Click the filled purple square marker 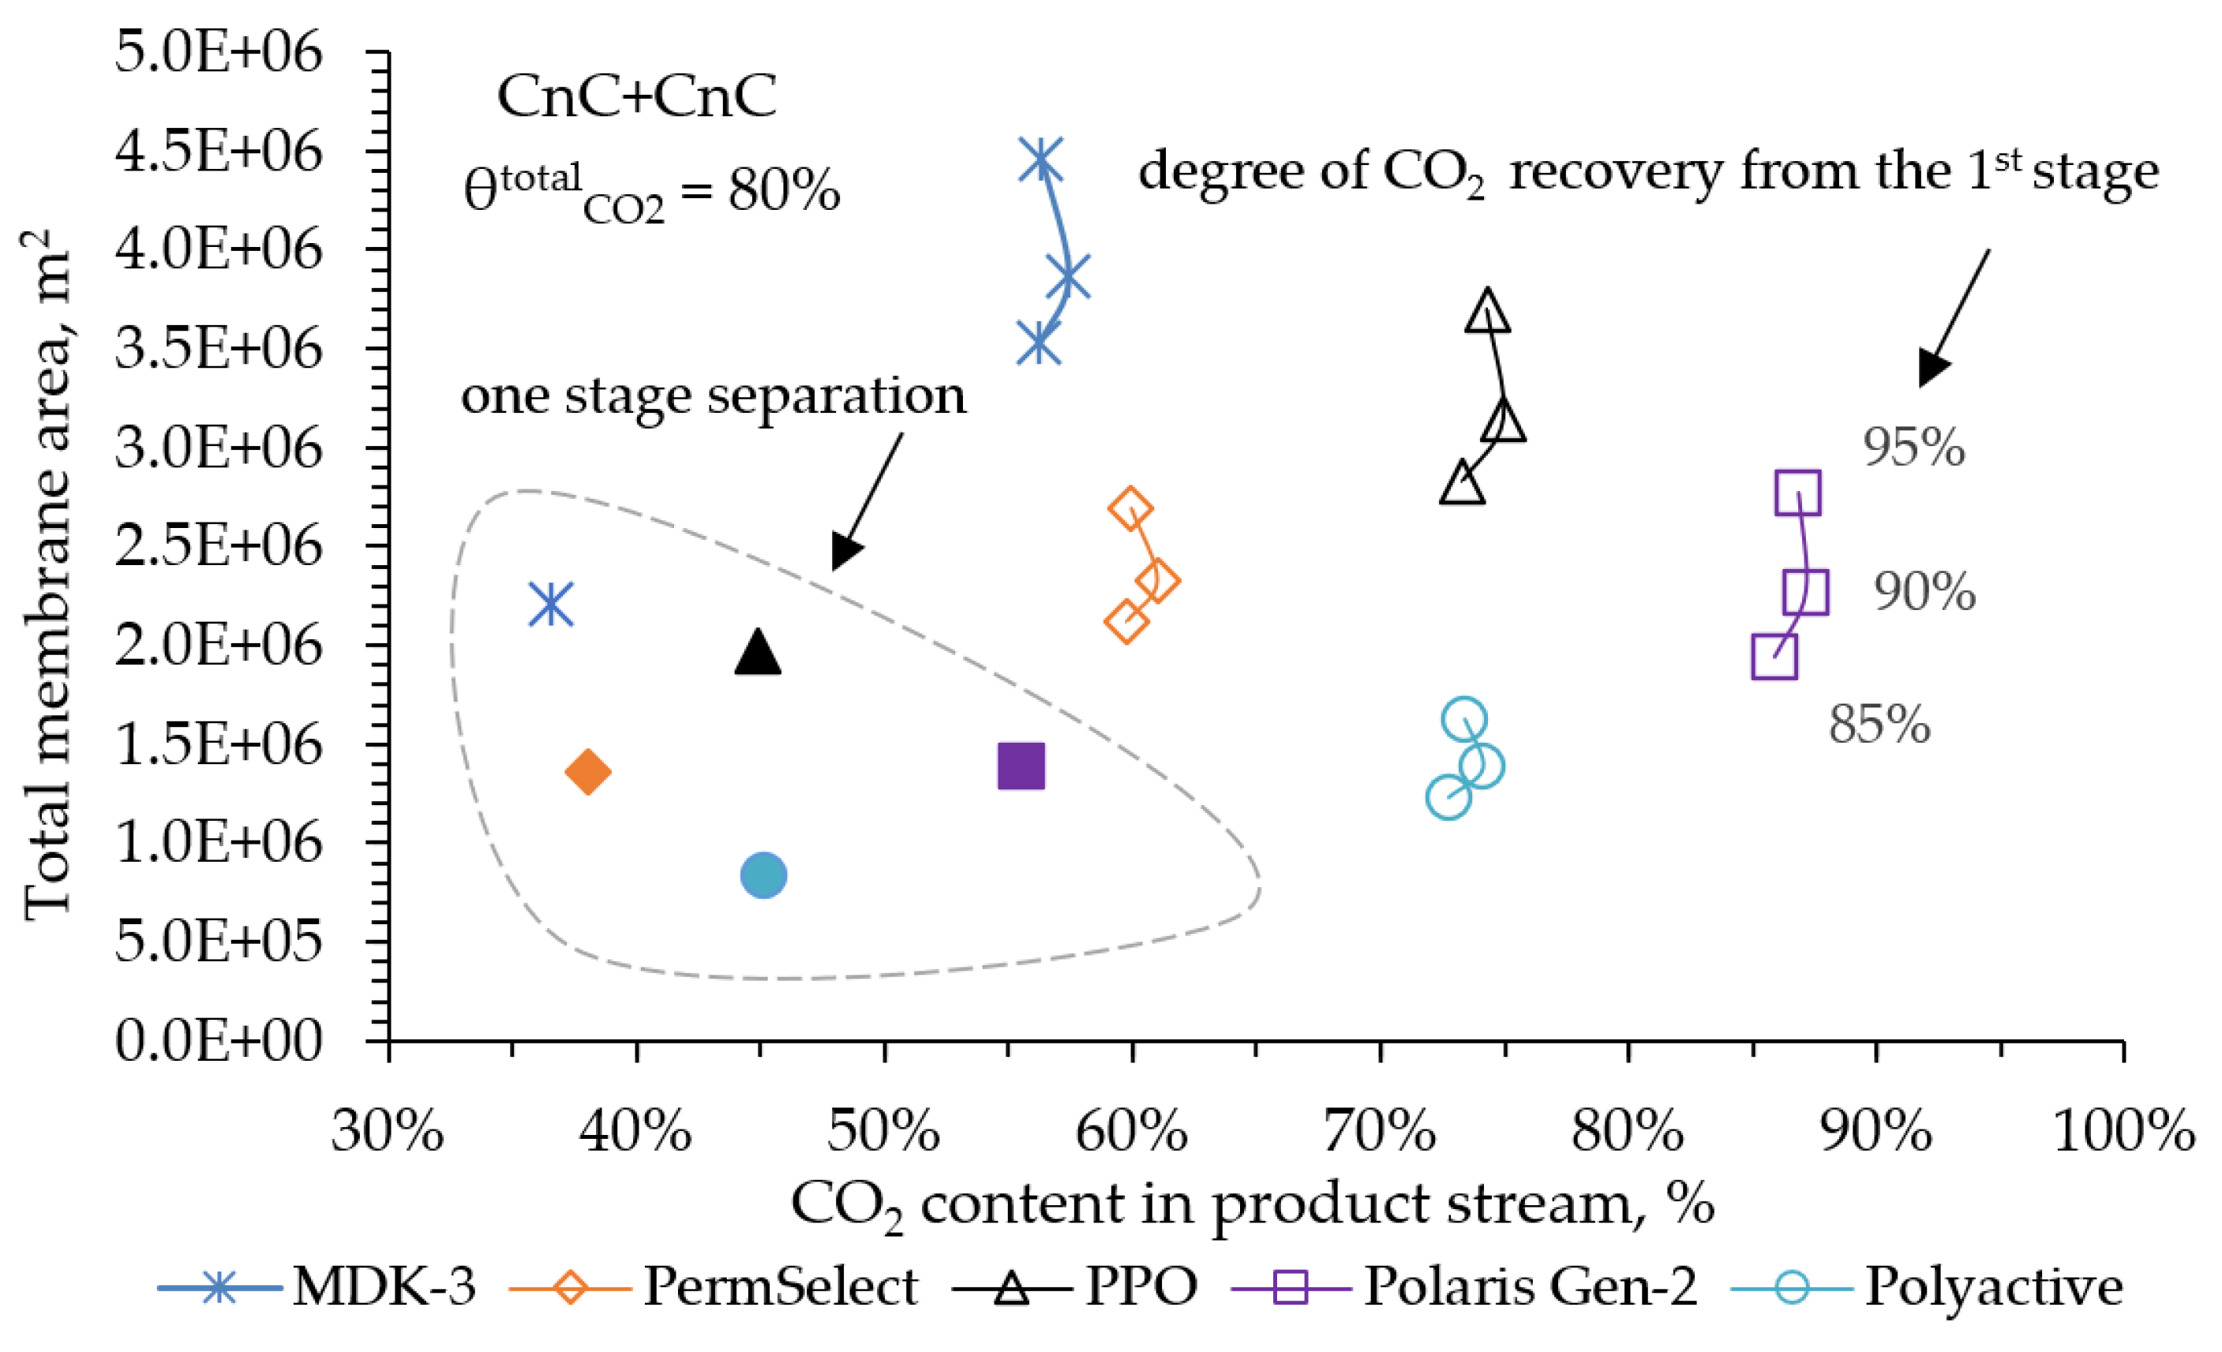tap(1021, 766)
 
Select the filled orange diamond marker tap(588, 772)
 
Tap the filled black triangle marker tap(758, 653)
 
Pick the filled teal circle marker tap(764, 874)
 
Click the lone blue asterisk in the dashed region tap(551, 605)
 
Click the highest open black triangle tap(1488, 311)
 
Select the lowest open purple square tap(1774, 657)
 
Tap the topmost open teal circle tap(1463, 719)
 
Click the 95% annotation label tap(1913, 448)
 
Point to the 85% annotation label tap(1879, 725)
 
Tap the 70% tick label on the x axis tap(1379, 1131)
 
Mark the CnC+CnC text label tap(637, 96)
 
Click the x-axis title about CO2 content tap(1252, 1205)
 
